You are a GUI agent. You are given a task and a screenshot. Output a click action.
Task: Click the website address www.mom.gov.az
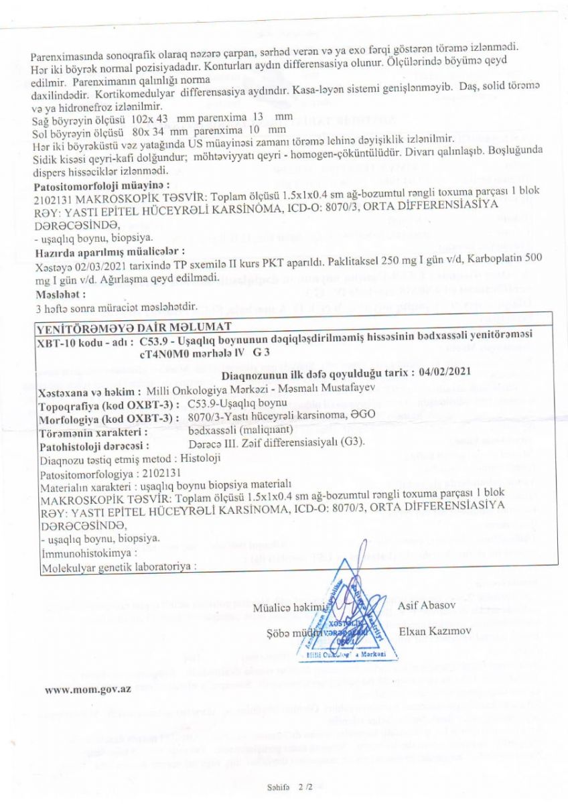[87, 690]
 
